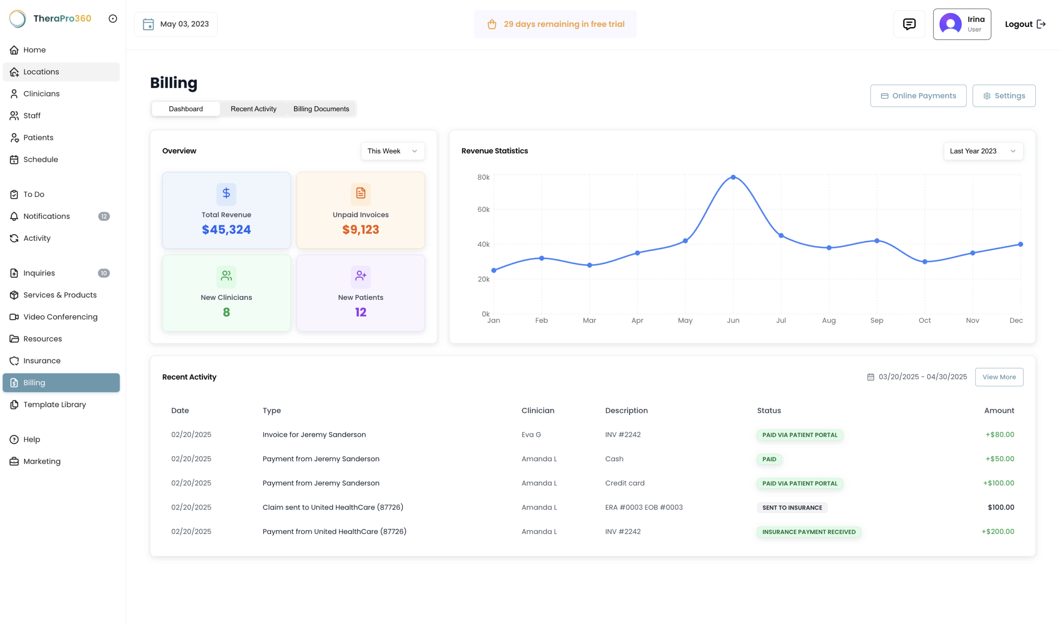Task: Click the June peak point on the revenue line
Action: pos(733,177)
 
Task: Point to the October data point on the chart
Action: pos(925,262)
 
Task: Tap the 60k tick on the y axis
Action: pos(483,209)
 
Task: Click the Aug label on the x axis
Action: pos(829,320)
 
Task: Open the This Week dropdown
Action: pos(393,151)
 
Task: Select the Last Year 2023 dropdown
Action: pos(983,151)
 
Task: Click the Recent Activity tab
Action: pos(254,109)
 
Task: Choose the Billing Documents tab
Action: pos(321,109)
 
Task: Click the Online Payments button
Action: pos(918,96)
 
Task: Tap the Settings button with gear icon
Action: pos(1004,96)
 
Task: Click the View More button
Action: pos(999,377)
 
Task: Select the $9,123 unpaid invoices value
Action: pos(361,230)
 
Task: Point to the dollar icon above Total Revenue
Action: pos(226,193)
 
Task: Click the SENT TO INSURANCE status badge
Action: pos(792,508)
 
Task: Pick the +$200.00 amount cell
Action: pos(998,531)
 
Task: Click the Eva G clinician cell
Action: pos(531,435)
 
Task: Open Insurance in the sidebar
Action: pos(42,361)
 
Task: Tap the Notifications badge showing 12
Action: pos(104,216)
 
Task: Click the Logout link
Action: pos(1025,24)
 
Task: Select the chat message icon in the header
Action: pos(909,24)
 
